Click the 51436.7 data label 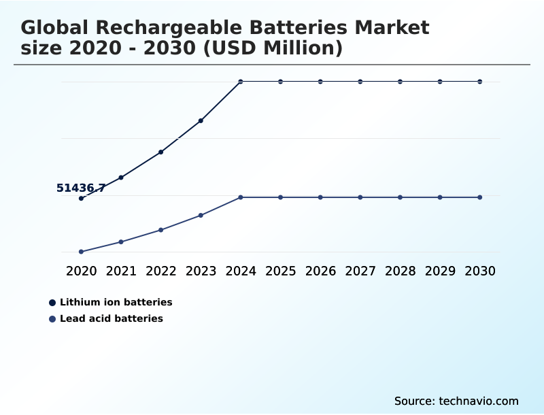[80, 188]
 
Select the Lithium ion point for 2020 [81, 199]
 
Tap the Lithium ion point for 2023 [201, 120]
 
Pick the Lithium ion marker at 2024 [241, 82]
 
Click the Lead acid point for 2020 [81, 252]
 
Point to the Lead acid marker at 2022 [160, 230]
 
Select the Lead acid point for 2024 [241, 197]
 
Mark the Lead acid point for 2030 [480, 197]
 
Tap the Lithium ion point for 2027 [360, 82]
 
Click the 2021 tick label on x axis [121, 271]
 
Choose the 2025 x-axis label [280, 271]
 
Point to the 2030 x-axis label [480, 271]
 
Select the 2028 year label [400, 271]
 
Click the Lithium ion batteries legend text [116, 302]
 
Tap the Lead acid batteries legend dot [52, 318]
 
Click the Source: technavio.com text [456, 401]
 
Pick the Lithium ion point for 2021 [121, 178]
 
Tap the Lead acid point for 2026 [320, 197]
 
